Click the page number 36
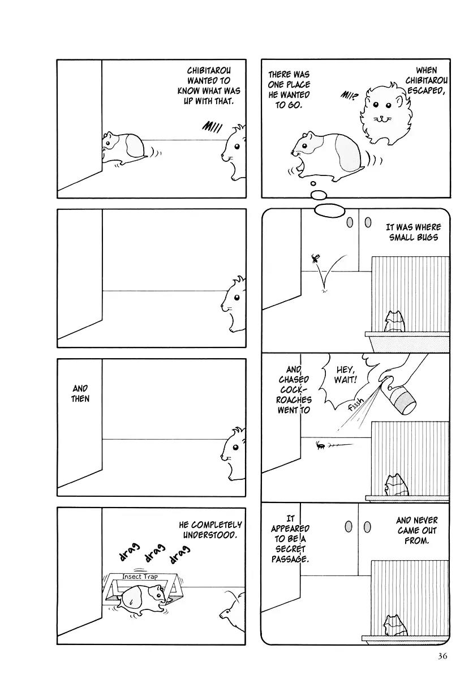[443, 656]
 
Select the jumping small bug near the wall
[315, 260]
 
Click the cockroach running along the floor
[321, 446]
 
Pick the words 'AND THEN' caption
[80, 393]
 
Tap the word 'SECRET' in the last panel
[290, 549]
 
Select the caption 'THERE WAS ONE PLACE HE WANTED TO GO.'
[289, 89]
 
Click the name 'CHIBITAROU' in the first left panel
[209, 70]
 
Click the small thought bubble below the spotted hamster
[319, 195]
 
